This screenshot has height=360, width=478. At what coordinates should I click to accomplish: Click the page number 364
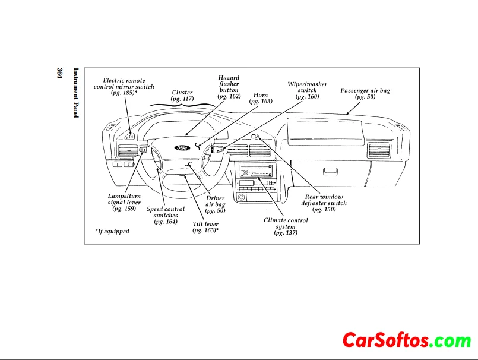click(60, 74)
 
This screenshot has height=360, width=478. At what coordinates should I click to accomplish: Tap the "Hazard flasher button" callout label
click(229, 87)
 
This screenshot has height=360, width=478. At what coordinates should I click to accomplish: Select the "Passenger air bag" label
click(365, 93)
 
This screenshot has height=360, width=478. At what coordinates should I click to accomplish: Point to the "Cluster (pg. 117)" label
click(182, 96)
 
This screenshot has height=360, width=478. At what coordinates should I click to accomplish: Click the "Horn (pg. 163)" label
click(261, 98)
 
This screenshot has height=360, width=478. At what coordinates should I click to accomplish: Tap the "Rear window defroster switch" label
click(324, 203)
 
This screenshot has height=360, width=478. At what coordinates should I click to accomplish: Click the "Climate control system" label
click(286, 226)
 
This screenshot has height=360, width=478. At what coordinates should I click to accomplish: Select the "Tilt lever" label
click(205, 227)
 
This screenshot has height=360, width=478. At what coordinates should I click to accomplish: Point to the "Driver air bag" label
click(215, 204)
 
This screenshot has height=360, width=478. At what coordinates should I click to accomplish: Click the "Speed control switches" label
click(166, 215)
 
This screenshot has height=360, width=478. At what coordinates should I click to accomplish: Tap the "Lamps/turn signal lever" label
click(124, 202)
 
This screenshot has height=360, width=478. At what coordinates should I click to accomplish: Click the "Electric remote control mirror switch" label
click(124, 87)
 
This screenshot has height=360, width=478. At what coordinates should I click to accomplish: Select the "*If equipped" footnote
click(112, 231)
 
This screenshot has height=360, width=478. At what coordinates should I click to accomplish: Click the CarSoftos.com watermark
click(406, 340)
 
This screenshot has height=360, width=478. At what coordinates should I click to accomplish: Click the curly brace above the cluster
click(182, 105)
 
